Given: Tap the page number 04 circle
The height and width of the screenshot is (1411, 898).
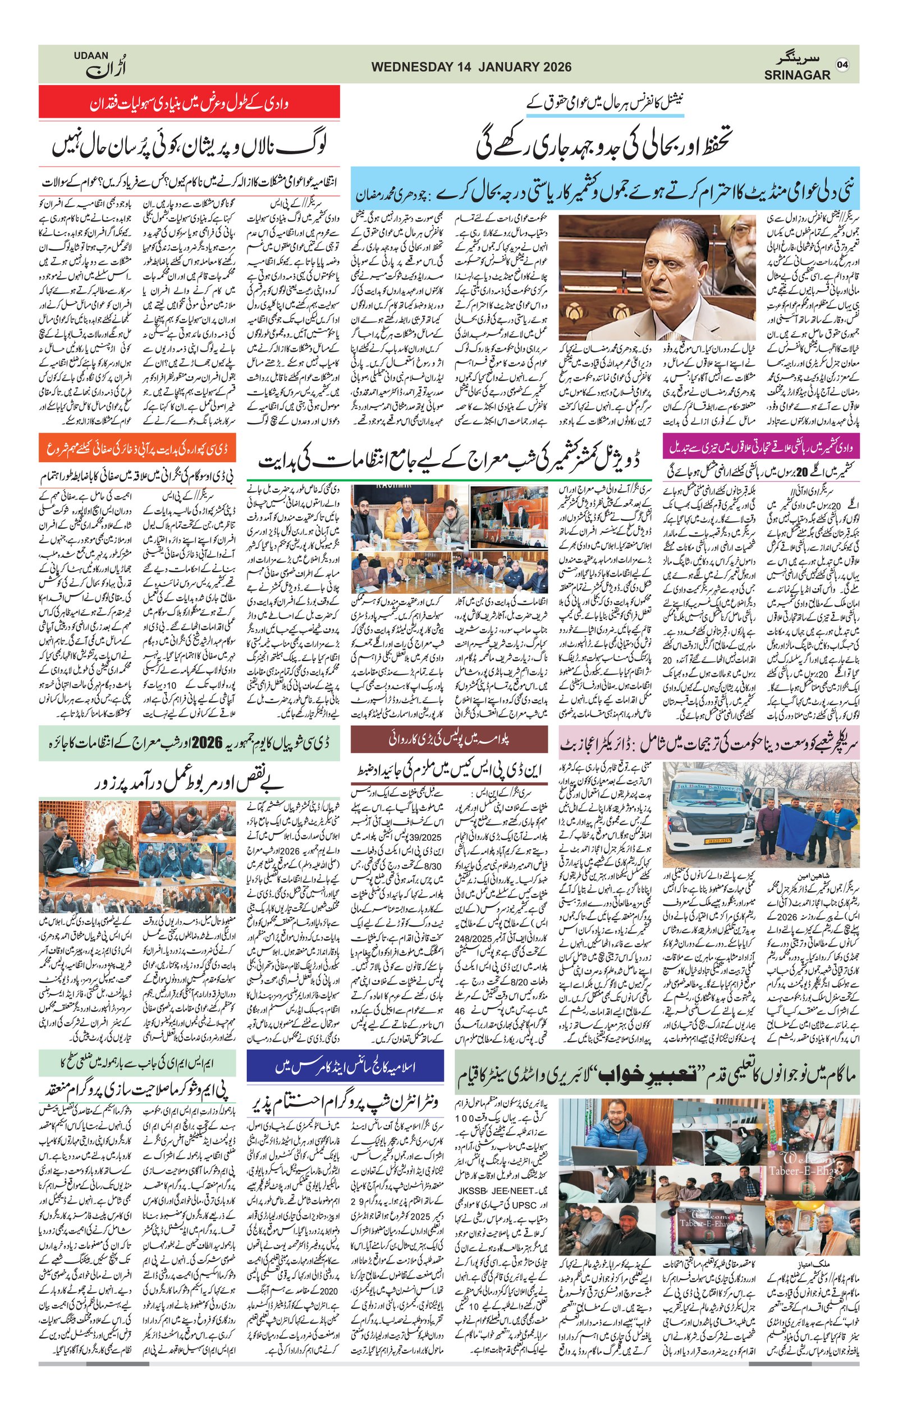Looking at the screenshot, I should click(842, 65).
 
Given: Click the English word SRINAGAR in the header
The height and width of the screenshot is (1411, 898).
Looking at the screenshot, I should click(796, 75).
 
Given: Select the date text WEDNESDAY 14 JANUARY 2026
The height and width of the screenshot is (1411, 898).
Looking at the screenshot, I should click(471, 67).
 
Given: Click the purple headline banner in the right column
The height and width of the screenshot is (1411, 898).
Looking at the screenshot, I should click(761, 447).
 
